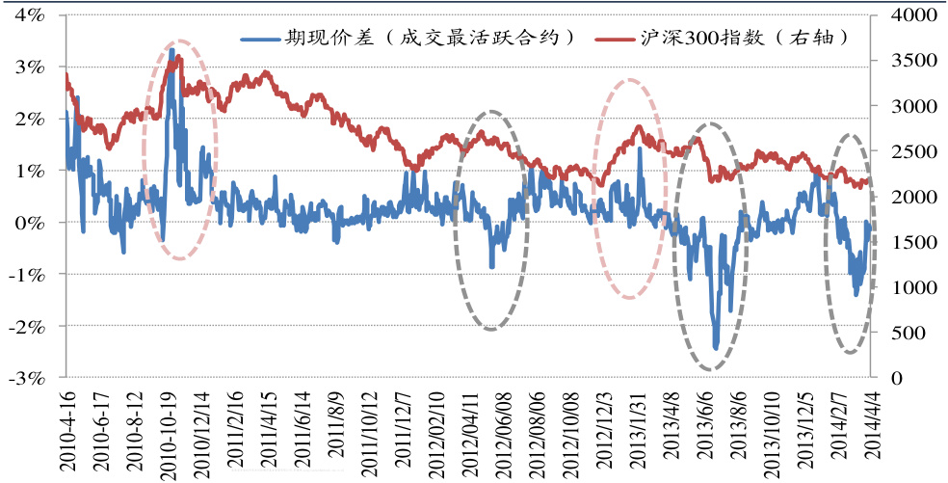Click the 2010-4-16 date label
click(x=66, y=432)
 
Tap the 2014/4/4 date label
click(x=876, y=432)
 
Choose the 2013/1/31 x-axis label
click(x=637, y=432)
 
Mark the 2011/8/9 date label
click(x=336, y=432)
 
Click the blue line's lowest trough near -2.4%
click(x=716, y=348)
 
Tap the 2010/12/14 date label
click(x=200, y=432)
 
